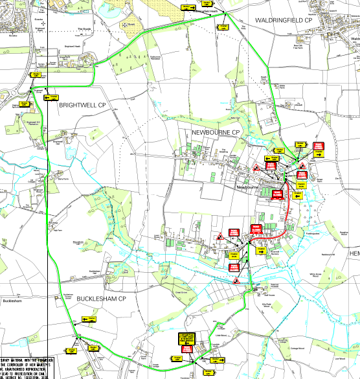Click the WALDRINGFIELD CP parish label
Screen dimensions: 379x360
[x=283, y=20]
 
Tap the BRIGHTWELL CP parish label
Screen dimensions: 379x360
[x=82, y=104]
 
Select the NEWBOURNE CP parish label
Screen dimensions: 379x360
[x=216, y=133]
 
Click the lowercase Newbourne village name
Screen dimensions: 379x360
[x=248, y=187]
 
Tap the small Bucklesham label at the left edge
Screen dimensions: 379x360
[x=13, y=301]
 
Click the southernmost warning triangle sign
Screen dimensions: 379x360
[x=236, y=281]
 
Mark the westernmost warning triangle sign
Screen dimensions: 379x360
[x=220, y=236]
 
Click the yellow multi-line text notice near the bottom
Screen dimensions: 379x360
[x=186, y=339]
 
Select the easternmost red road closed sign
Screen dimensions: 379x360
[x=319, y=146]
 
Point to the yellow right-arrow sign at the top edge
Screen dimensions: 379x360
[x=188, y=6]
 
